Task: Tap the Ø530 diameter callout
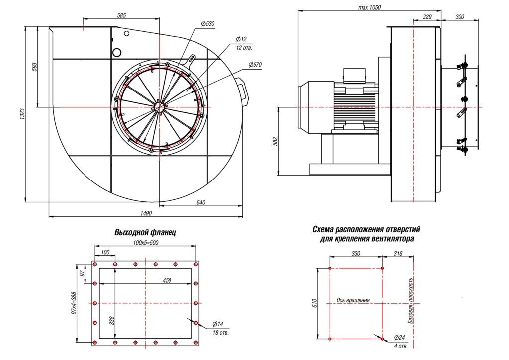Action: tap(208, 24)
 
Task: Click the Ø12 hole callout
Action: tap(241, 39)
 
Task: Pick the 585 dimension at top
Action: tap(121, 15)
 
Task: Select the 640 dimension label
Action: tap(201, 202)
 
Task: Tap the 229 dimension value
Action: tap(426, 17)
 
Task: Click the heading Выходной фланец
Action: tap(145, 232)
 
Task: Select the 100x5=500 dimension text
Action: tap(146, 243)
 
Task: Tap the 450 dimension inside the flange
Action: tap(167, 280)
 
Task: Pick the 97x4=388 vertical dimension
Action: tap(74, 303)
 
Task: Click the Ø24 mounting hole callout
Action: tap(399, 338)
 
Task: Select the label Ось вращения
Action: tap(353, 300)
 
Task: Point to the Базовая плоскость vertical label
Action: tap(411, 303)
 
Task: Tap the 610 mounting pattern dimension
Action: tap(314, 303)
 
